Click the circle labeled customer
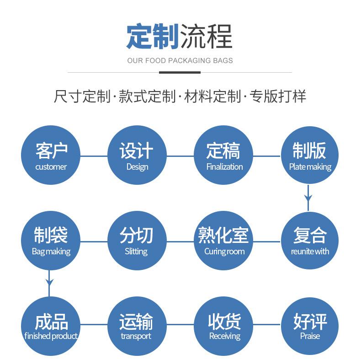tap(51, 156)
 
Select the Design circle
tap(137, 156)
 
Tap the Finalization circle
tap(223, 156)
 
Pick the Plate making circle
tap(309, 156)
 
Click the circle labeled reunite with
tap(309, 241)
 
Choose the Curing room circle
tap(223, 241)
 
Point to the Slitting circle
tap(137, 241)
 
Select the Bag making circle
tap(51, 241)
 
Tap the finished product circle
tap(51, 326)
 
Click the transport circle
tap(137, 326)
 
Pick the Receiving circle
tap(223, 326)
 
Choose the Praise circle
tap(309, 326)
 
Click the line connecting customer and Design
tap(94, 156)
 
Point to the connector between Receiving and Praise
tap(266, 325)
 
